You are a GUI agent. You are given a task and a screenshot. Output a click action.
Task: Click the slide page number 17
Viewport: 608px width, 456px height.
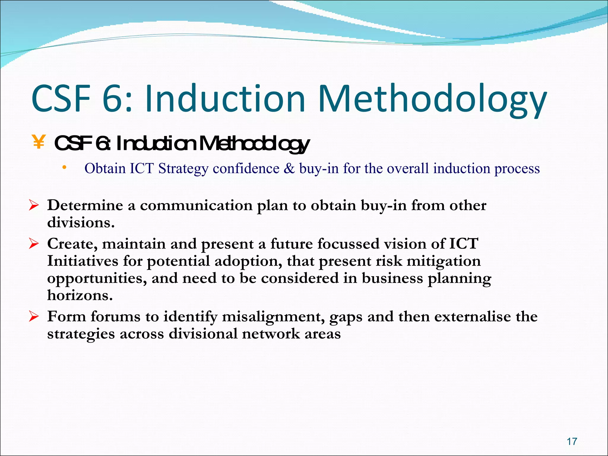click(572, 441)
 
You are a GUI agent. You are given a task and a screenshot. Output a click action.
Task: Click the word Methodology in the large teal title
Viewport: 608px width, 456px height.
click(432, 99)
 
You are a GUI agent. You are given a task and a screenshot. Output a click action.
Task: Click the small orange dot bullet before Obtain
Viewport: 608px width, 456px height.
click(64, 168)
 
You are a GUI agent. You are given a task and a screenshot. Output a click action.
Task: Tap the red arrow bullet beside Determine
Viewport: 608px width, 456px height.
click(34, 205)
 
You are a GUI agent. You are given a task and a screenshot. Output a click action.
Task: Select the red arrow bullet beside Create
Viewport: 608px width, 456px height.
click(34, 244)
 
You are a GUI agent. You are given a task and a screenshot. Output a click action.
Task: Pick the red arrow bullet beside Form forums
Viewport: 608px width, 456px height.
click(34, 316)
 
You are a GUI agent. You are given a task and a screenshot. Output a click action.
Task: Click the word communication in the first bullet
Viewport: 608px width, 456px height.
click(196, 205)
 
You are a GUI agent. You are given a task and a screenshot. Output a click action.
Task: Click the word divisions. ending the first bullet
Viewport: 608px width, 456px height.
click(81, 223)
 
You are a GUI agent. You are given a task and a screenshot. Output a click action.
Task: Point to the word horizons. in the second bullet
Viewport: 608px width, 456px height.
click(80, 295)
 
